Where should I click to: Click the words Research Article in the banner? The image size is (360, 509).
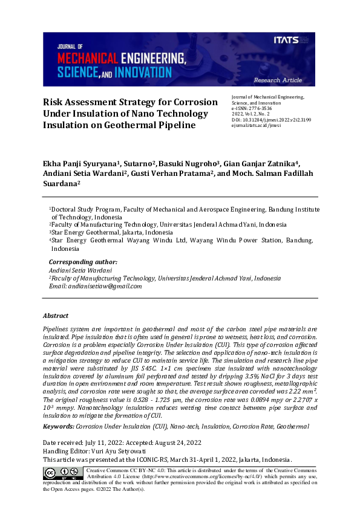coord(278,80)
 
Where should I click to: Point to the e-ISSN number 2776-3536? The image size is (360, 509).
coord(261,109)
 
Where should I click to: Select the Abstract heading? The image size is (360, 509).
coord(56,316)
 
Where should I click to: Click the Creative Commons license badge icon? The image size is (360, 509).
coord(63,472)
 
